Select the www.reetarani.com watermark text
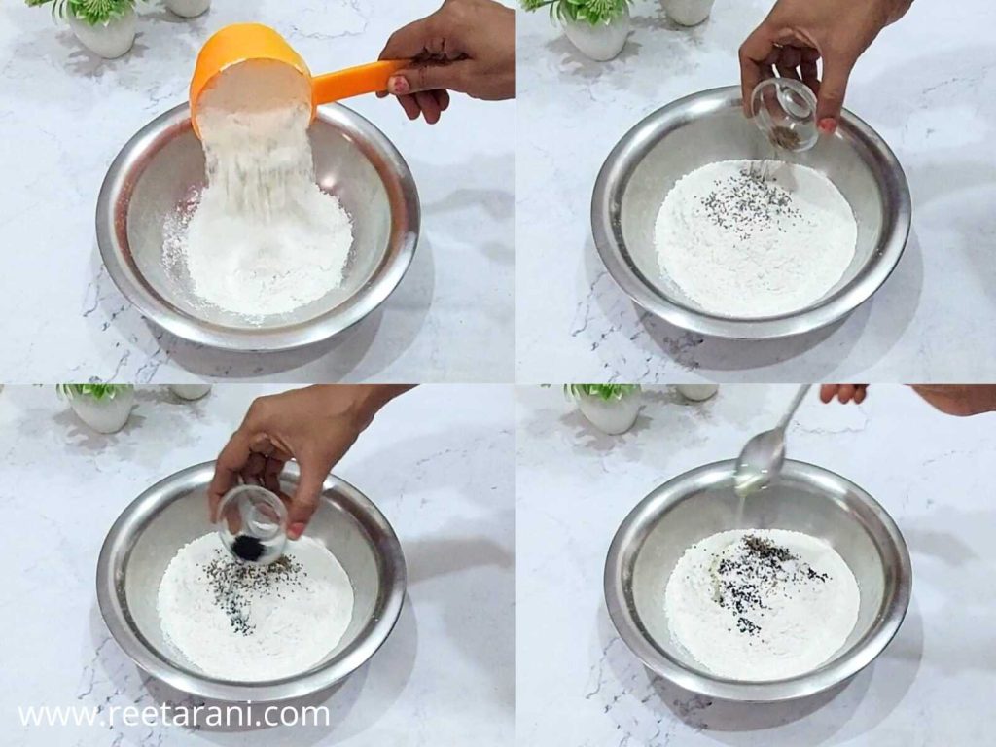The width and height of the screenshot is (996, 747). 174,715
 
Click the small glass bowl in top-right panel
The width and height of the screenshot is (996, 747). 784,115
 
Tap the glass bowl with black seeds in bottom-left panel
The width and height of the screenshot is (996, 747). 252,525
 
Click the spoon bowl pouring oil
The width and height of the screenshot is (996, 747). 762,451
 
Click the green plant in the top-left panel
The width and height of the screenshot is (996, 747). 92,10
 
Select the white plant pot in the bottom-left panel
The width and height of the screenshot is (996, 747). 102,410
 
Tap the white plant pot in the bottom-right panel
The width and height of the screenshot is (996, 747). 610,412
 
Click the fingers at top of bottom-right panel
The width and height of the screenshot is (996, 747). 843,392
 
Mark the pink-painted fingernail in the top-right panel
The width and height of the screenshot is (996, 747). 827,124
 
